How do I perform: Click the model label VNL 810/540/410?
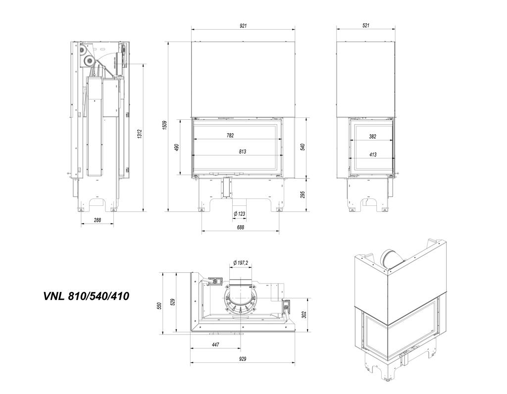(86, 295)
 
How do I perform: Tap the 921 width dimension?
(243, 26)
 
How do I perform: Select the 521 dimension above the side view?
(366, 26)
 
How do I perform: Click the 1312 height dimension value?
(140, 134)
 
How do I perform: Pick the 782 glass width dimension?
(230, 136)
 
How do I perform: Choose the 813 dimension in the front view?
(242, 151)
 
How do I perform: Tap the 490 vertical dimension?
(177, 148)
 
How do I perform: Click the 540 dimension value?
(303, 148)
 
